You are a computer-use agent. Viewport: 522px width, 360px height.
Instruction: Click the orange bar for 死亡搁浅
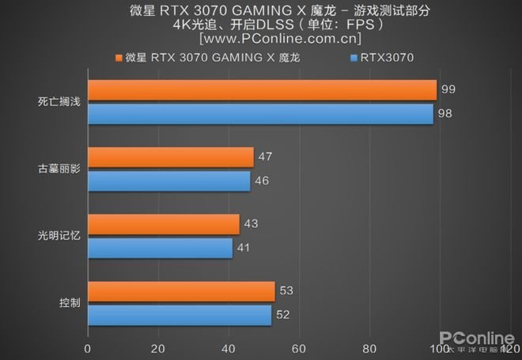coord(262,90)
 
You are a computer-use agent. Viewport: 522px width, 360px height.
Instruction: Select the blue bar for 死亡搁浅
coord(260,114)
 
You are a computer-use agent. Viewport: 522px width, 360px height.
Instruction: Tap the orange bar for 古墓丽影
coord(170,157)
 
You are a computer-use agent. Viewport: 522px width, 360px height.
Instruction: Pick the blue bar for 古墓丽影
coord(168,181)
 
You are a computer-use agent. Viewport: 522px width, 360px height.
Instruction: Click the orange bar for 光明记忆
coord(163,225)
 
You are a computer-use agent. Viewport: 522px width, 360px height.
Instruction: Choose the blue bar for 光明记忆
coord(160,248)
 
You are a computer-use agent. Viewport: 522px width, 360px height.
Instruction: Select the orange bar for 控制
coord(181,292)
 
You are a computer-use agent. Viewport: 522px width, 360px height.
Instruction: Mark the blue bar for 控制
coord(179,316)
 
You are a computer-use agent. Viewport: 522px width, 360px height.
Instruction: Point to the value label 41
coord(245,248)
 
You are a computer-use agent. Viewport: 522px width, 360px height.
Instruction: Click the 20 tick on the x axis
coord(157,347)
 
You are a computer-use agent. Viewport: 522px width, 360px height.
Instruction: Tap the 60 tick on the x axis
coord(298,347)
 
